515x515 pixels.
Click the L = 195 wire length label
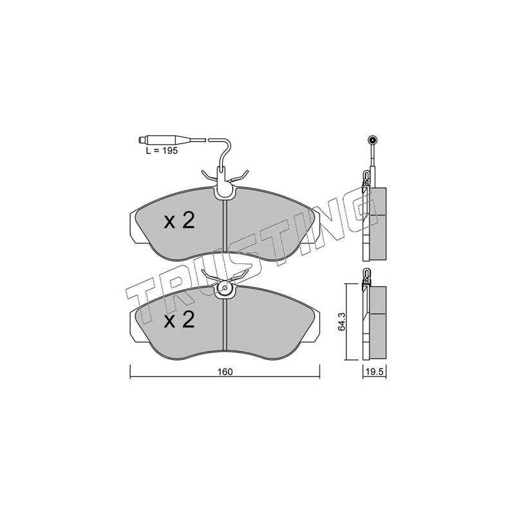tap(162, 151)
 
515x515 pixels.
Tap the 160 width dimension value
tap(225, 372)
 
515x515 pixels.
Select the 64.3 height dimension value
tap(342, 323)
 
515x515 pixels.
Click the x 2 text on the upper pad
tap(180, 220)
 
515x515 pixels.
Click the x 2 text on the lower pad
tap(180, 319)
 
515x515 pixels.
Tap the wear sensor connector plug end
tap(143, 140)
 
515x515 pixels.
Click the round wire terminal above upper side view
tap(373, 140)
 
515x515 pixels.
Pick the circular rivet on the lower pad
tap(225, 288)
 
